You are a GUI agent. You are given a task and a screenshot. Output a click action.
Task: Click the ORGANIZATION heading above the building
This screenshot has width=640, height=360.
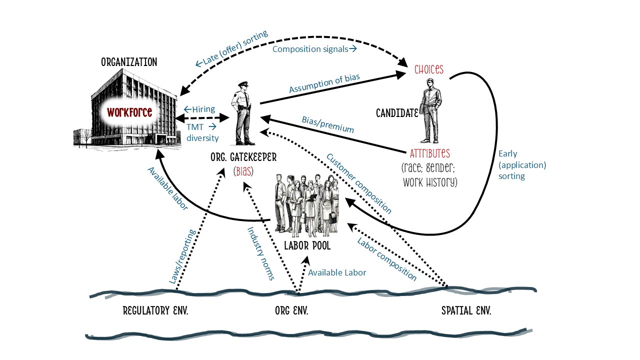[129, 62]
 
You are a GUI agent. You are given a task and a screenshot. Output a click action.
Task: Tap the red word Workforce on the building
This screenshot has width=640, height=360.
[129, 112]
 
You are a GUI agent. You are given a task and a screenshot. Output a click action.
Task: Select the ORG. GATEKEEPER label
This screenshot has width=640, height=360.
[243, 158]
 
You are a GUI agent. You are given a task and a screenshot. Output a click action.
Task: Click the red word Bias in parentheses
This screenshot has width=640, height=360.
[243, 171]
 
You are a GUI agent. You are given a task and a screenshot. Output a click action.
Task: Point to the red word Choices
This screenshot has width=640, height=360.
[429, 69]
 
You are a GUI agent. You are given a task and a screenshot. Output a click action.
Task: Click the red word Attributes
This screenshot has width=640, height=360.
[429, 153]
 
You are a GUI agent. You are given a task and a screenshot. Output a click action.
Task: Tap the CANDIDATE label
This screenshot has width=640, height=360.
[397, 114]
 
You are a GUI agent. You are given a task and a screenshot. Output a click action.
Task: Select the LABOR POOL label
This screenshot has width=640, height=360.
[307, 246]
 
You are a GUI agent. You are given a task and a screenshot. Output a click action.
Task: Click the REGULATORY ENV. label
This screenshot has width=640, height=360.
[155, 311]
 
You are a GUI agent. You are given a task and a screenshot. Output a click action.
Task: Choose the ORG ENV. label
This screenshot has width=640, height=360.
[291, 311]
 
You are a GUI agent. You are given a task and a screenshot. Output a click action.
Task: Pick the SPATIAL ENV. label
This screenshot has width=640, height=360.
[466, 311]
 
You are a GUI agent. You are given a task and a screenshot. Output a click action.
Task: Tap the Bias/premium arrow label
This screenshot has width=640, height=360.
[327, 124]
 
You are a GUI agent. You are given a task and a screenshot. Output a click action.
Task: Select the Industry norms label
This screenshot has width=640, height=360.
[261, 253]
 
